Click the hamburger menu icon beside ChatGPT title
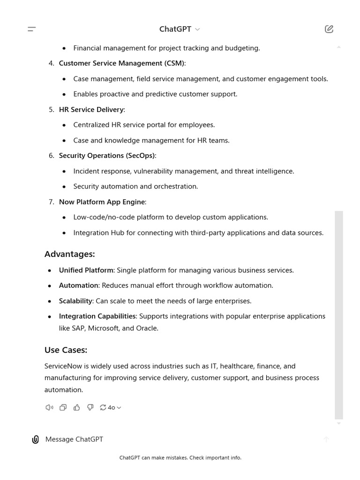click(x=32, y=29)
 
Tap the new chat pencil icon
click(x=329, y=29)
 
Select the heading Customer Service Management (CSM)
click(x=122, y=63)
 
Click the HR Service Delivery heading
click(x=91, y=110)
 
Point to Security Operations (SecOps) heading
click(x=107, y=156)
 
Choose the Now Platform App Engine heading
click(x=102, y=202)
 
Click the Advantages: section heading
click(x=69, y=254)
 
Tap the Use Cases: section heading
click(x=66, y=350)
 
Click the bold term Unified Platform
click(x=86, y=270)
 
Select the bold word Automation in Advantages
click(x=78, y=285)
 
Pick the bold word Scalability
click(x=75, y=301)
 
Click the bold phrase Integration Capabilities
click(x=97, y=316)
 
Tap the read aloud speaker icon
click(x=49, y=407)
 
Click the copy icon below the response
click(x=63, y=407)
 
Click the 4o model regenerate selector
click(x=111, y=407)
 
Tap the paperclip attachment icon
click(x=35, y=439)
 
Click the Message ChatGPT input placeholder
click(x=74, y=439)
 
